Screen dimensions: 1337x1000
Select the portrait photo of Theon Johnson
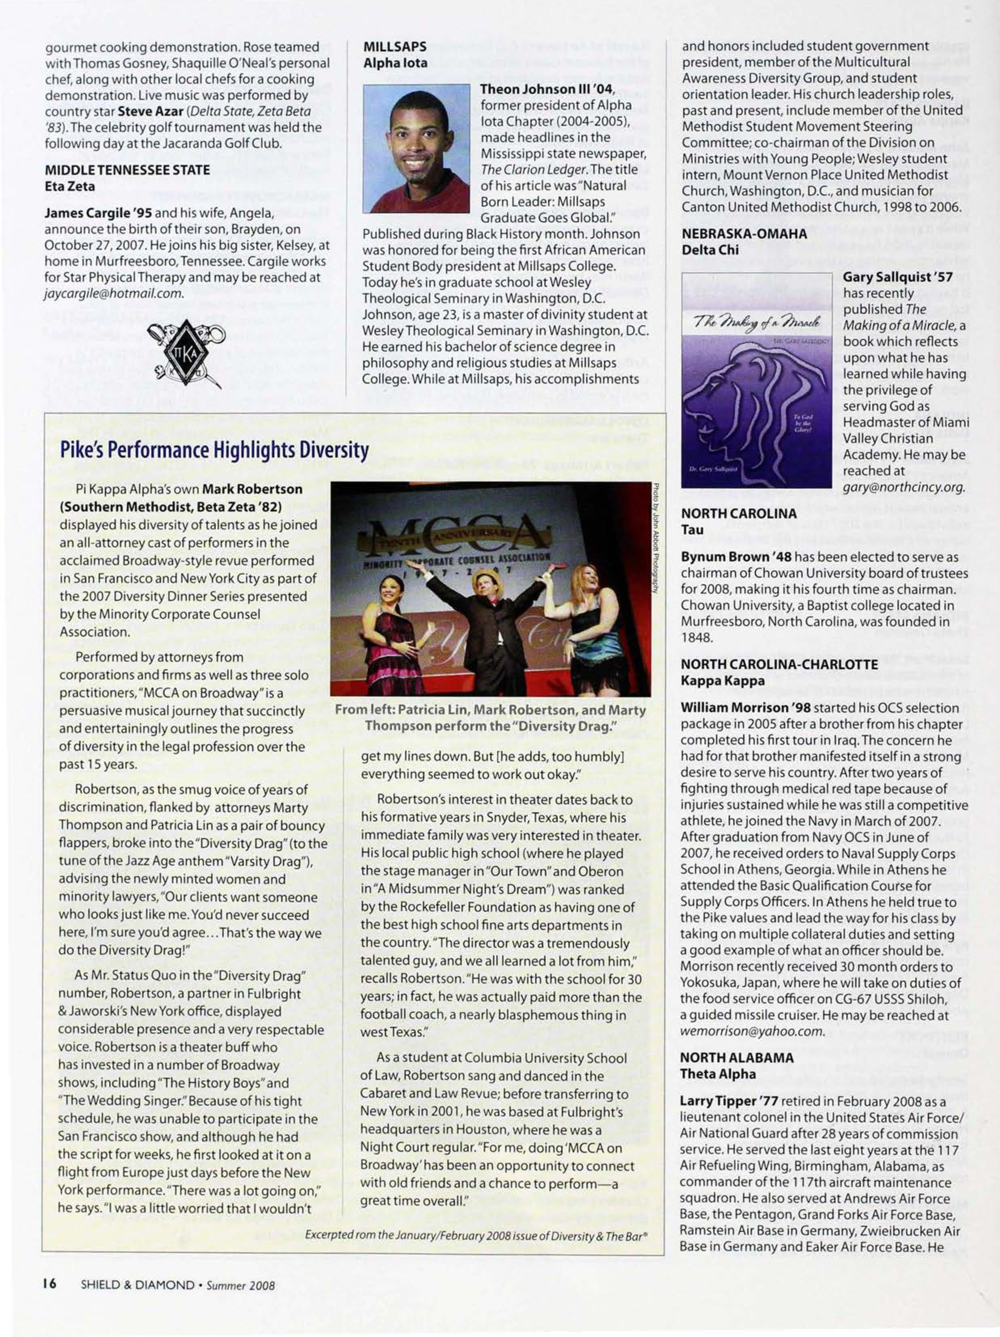pos(416,149)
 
